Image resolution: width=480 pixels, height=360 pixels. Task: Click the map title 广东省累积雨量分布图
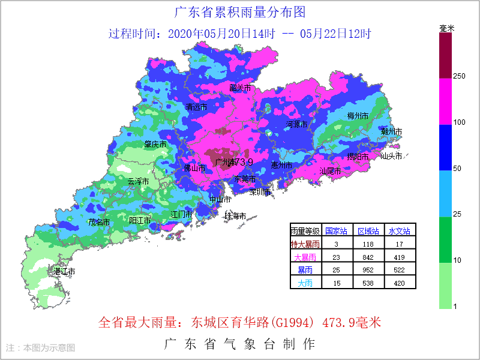239,12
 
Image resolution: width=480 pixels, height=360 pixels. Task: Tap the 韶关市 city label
240,88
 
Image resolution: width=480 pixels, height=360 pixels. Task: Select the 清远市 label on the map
196,107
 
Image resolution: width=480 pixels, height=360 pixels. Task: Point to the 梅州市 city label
358,115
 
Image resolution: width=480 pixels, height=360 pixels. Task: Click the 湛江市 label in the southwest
64,272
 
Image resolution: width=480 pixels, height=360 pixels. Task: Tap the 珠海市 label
235,215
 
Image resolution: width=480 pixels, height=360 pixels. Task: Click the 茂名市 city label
100,222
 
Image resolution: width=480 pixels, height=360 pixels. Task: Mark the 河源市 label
296,124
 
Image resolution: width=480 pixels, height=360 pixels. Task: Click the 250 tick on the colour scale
459,76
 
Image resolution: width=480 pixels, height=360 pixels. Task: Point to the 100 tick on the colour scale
459,122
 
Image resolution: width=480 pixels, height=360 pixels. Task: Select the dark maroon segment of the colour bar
445,55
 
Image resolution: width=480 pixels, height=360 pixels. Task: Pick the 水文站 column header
399,230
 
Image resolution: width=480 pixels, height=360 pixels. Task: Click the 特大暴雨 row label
305,244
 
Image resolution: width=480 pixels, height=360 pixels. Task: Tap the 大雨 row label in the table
305,283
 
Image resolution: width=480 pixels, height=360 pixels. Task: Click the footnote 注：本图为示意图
41,347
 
